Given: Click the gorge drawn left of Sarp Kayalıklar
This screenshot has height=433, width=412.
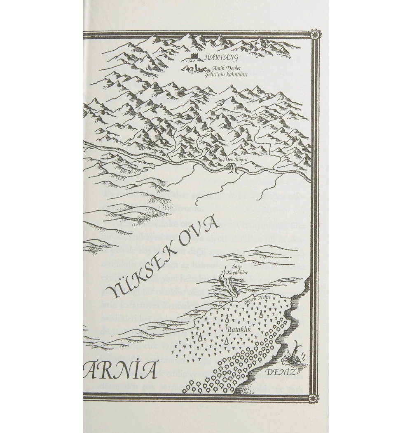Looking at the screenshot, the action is click(x=225, y=281).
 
